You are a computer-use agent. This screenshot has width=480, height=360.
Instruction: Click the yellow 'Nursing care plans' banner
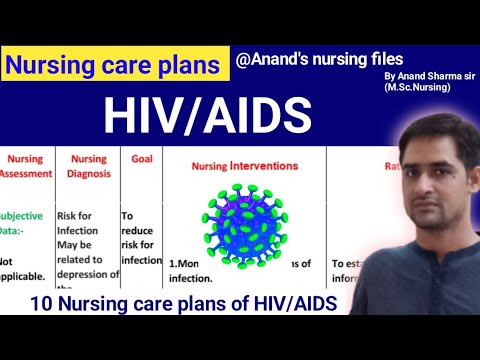[113, 66]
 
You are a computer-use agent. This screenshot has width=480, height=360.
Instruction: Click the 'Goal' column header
[141, 158]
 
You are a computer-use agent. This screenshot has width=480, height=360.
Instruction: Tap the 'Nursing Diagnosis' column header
[88, 164]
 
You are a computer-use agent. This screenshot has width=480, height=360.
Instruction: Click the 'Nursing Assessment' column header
[25, 164]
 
